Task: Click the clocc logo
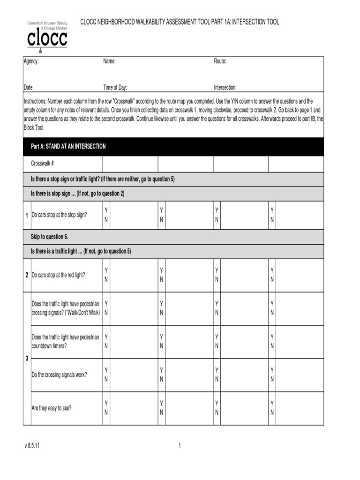47,36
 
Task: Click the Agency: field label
31,61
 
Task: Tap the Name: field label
109,61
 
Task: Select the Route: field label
220,61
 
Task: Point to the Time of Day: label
115,87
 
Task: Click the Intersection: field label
225,87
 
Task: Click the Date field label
28,87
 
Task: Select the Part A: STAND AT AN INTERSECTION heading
68,147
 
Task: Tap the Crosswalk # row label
43,164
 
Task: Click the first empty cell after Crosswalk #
130,164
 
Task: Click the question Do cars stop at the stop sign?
59,215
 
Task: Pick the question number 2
27,275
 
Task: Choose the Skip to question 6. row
50,237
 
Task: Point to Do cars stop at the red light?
58,275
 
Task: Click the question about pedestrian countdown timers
65,341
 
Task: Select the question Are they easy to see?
52,408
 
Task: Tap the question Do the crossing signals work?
59,375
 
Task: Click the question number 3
27,359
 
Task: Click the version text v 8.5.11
32,446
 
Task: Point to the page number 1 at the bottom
180,446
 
